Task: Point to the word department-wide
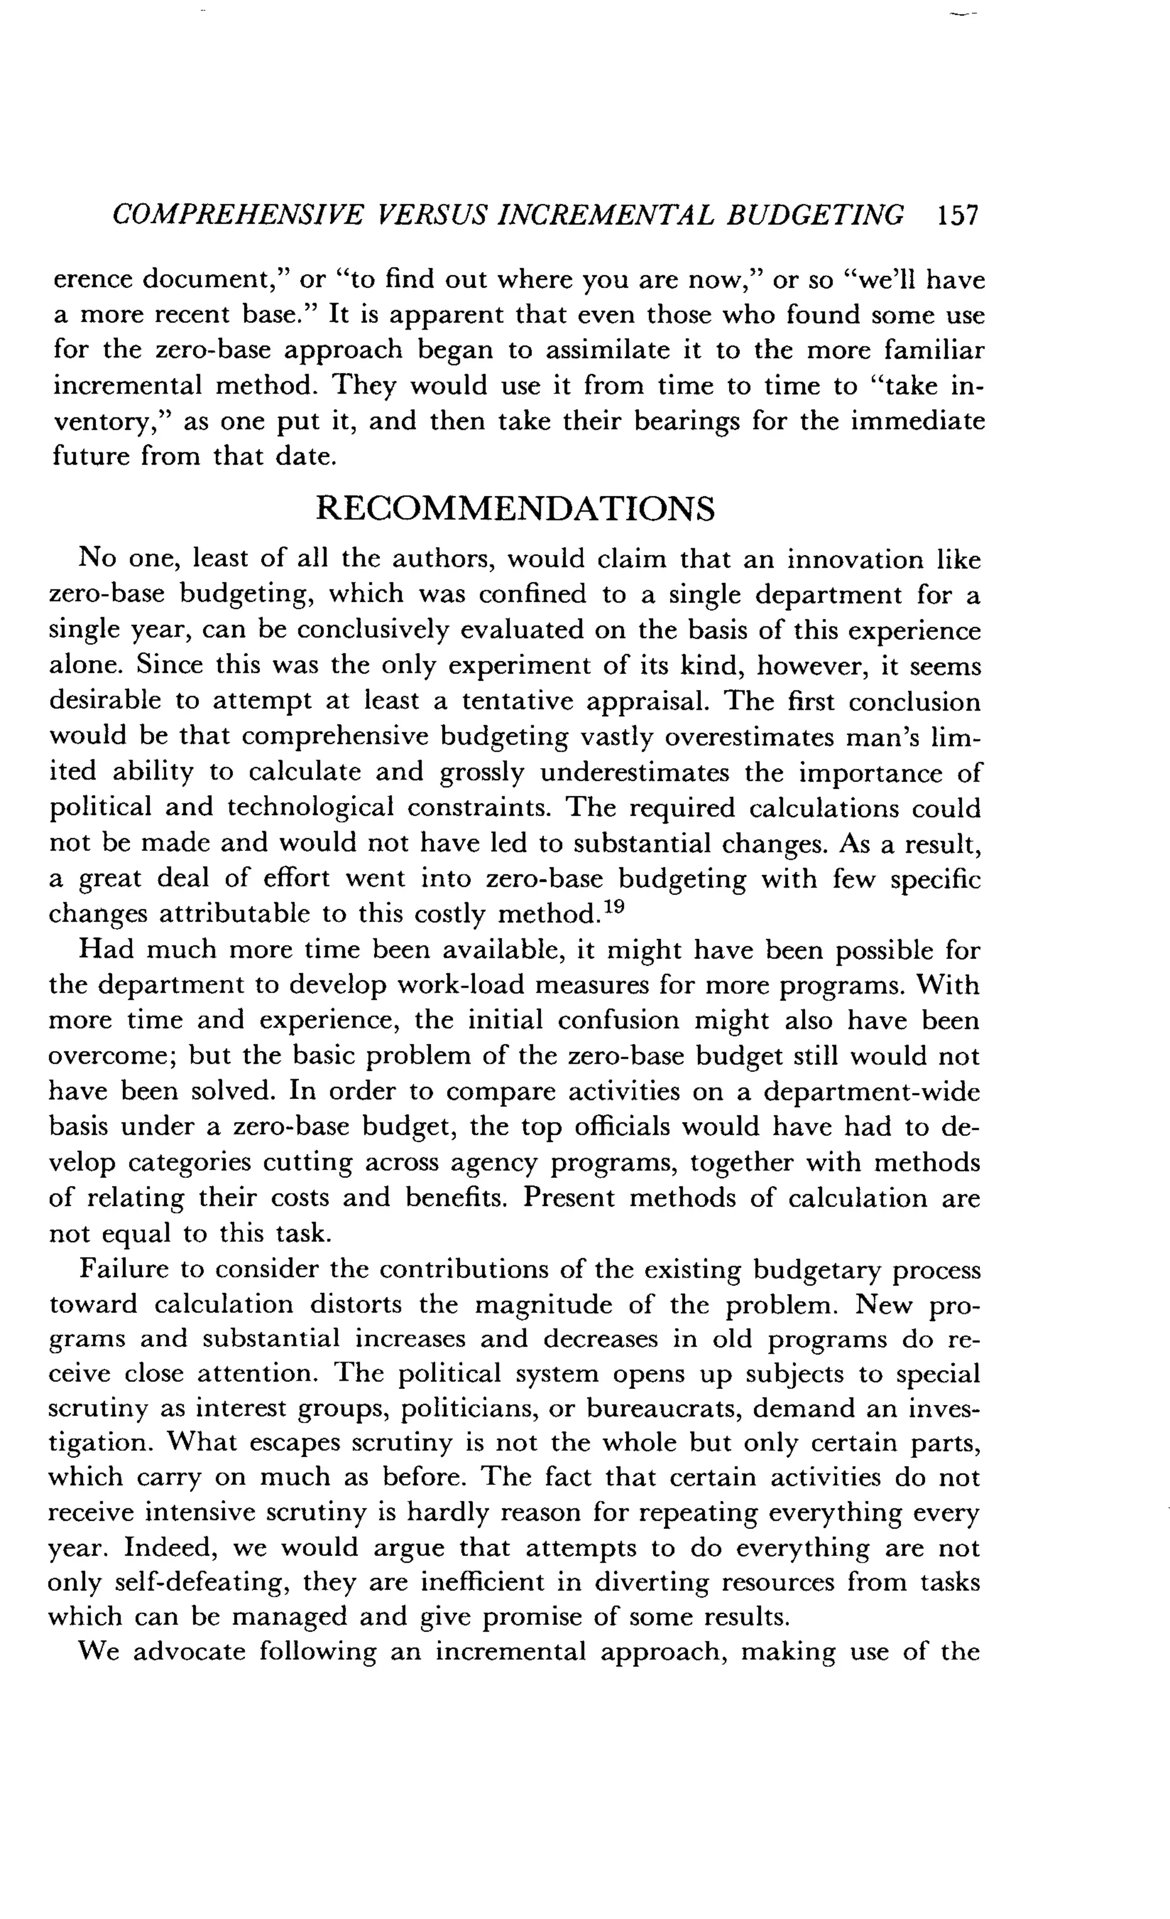coord(871,1092)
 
